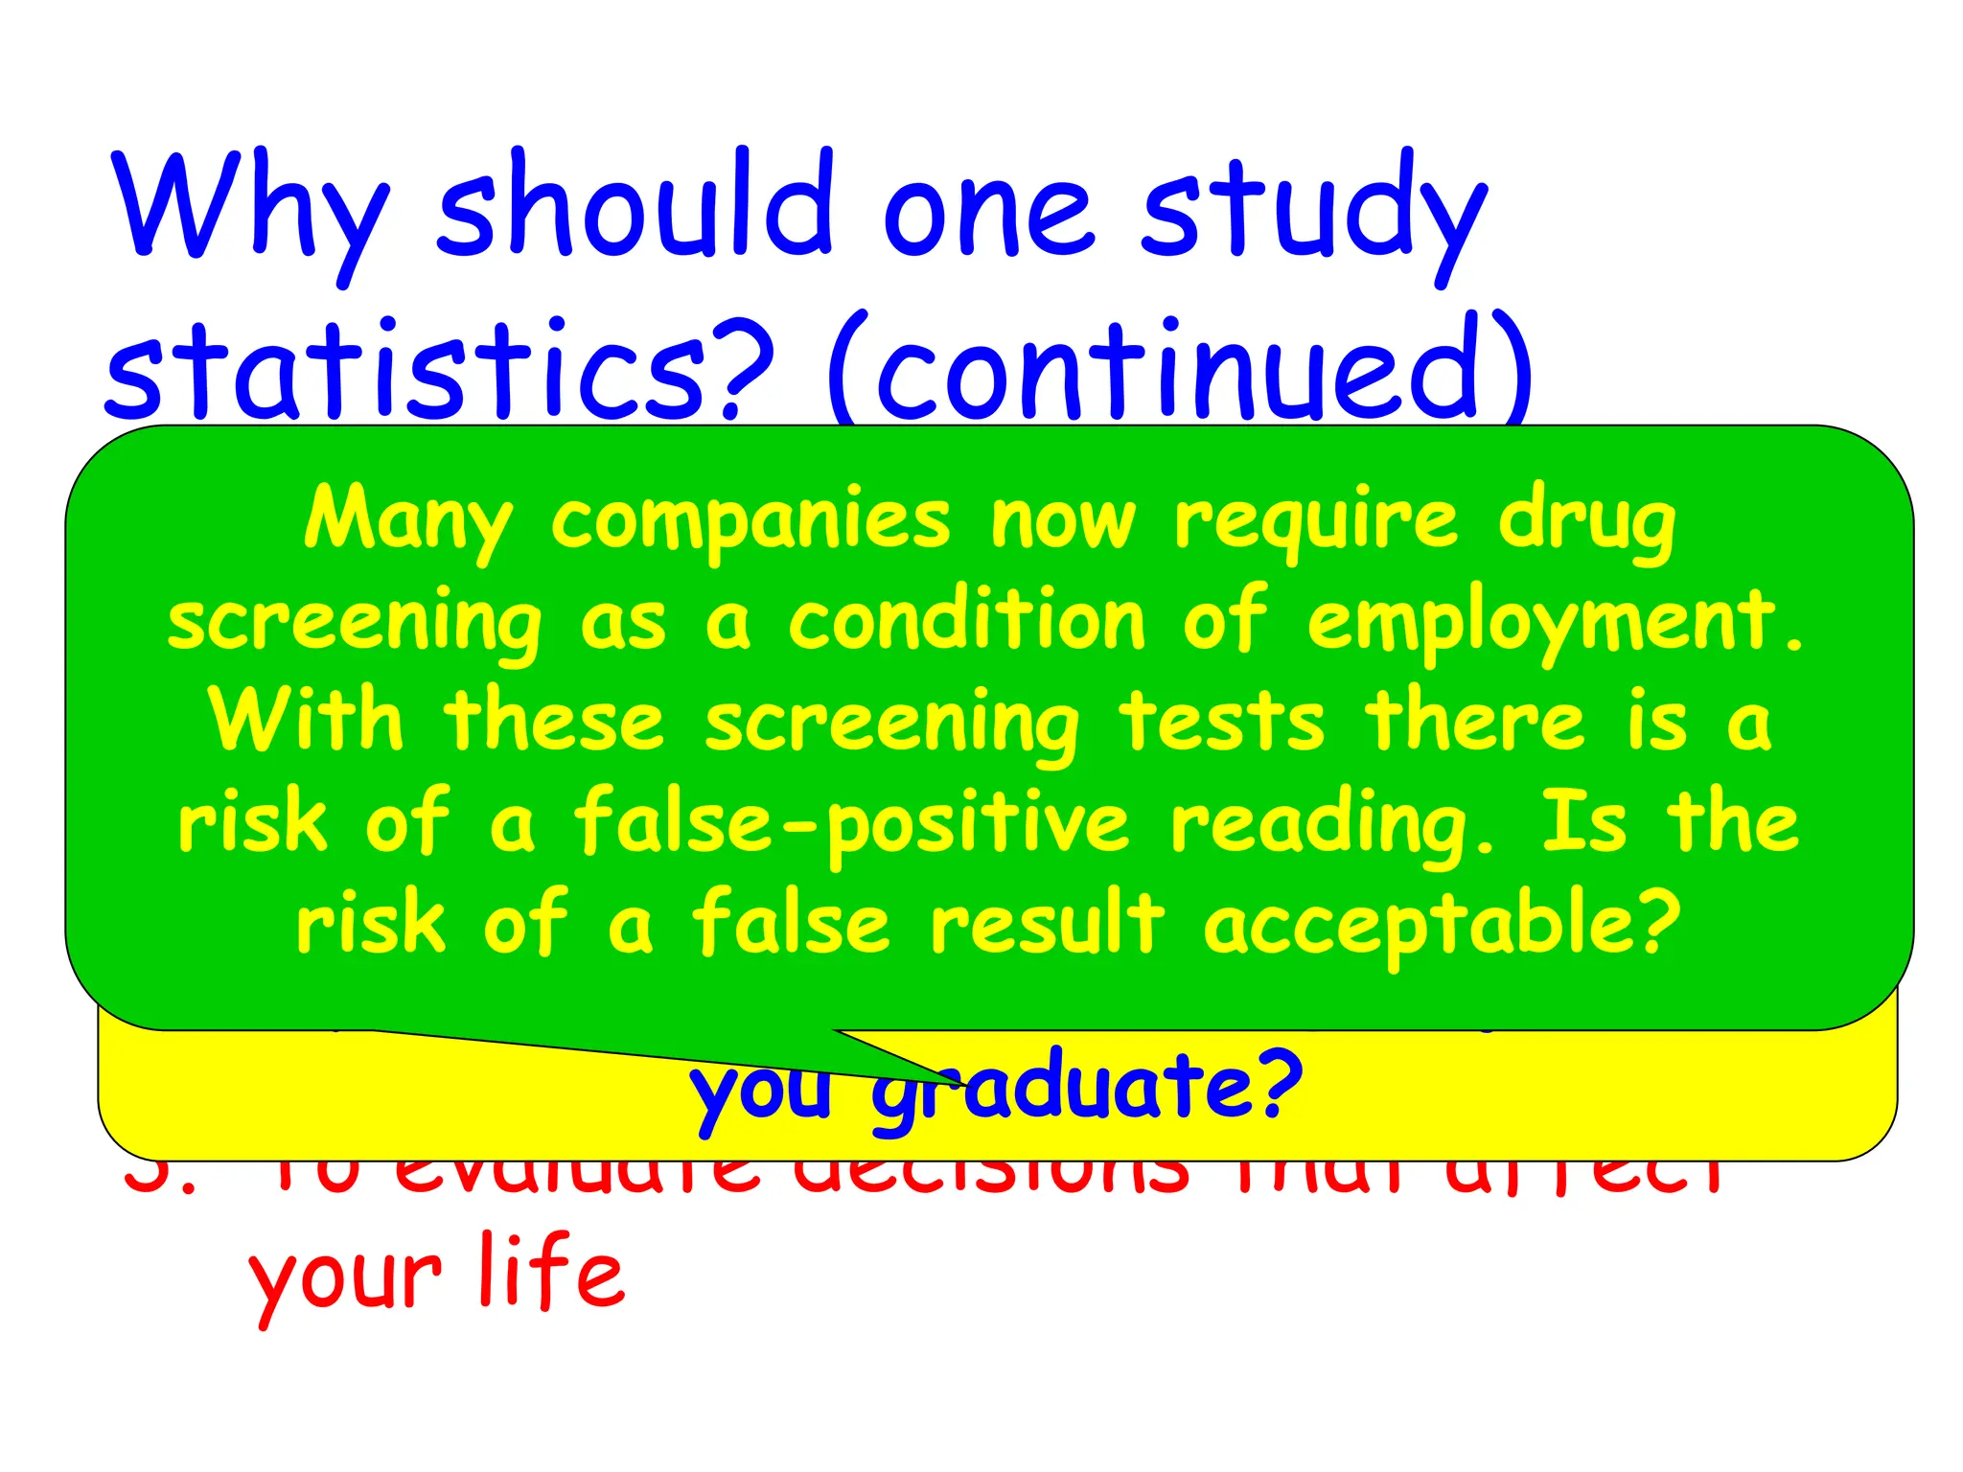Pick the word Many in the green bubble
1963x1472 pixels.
(408, 521)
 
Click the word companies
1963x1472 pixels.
(751, 523)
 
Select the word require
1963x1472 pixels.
(1317, 523)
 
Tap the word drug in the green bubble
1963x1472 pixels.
(1587, 525)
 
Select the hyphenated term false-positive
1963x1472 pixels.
(852, 825)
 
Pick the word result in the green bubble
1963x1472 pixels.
(1048, 923)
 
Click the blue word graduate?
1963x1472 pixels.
(1088, 1088)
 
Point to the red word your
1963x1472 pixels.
(345, 1279)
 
